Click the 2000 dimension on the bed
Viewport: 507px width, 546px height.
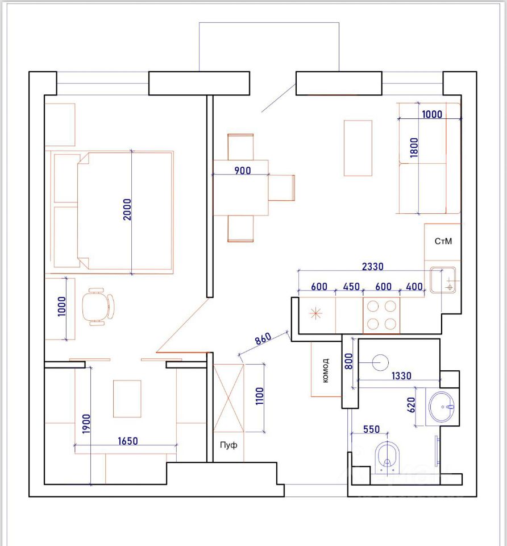coord(127,210)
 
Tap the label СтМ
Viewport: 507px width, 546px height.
coord(443,241)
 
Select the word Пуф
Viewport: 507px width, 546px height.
coord(228,445)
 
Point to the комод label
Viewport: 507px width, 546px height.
coord(325,370)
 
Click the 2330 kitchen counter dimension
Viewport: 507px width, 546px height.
coord(373,266)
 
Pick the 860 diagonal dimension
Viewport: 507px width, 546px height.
coord(263,338)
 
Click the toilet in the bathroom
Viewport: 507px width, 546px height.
coord(387,455)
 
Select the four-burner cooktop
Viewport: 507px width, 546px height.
coord(381,315)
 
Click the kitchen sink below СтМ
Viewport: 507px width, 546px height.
coord(443,280)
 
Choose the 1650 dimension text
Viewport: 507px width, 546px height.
coord(128,441)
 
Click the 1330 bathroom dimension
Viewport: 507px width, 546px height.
coord(401,376)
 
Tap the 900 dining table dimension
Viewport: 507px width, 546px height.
coord(243,171)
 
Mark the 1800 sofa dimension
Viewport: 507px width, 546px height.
coord(414,147)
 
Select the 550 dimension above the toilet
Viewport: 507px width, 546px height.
coord(371,429)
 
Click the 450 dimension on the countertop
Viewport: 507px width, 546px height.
coord(351,287)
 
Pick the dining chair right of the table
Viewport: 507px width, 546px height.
coord(281,188)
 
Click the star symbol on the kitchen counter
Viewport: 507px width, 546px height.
coord(315,313)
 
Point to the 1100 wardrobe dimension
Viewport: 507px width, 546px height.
coord(260,396)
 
